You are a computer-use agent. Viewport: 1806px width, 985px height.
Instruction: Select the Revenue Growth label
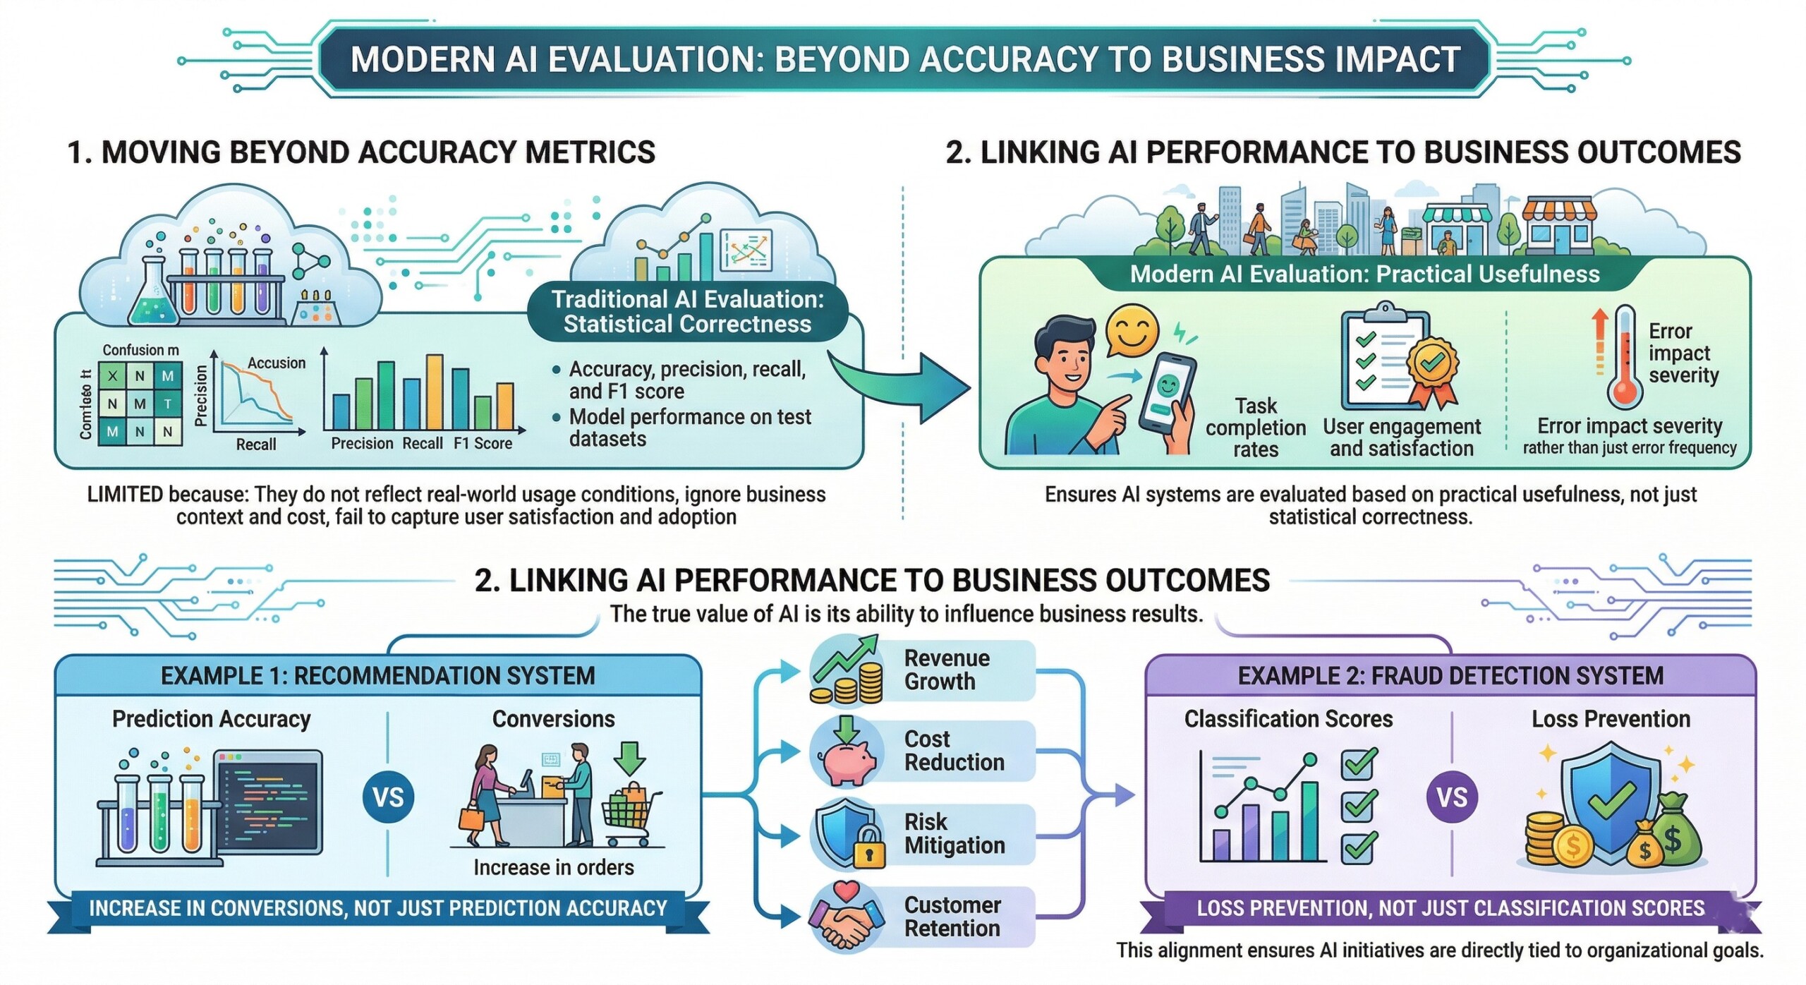pos(946,670)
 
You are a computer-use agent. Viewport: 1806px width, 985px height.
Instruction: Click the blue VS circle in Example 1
pos(388,797)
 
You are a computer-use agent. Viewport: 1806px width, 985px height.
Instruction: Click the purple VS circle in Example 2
pos(1452,797)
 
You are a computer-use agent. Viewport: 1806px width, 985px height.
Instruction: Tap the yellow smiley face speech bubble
pos(1131,330)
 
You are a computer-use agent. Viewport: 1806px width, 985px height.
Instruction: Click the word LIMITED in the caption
pos(125,495)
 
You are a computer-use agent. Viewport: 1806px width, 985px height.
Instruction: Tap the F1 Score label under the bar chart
pos(483,444)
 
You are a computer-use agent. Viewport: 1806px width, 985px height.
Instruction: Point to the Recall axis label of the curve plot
pos(255,445)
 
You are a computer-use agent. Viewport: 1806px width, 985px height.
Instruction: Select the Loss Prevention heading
pos(1611,719)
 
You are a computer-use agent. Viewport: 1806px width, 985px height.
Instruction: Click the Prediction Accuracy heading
pos(211,719)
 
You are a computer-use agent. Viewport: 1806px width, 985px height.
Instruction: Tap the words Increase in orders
pos(553,867)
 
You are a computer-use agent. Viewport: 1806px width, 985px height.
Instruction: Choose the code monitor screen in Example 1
pos(269,802)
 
